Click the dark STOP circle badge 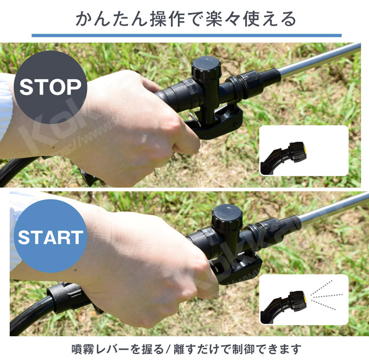[50, 87]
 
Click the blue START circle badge [50, 237]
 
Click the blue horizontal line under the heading [184, 36]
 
